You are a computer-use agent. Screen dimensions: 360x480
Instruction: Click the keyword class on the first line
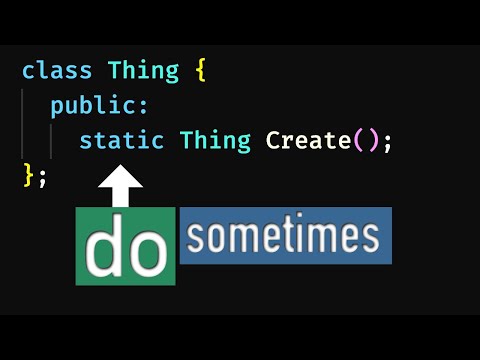(x=57, y=72)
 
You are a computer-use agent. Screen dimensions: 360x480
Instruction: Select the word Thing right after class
(x=143, y=72)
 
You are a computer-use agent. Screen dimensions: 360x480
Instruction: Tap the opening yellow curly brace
(x=200, y=72)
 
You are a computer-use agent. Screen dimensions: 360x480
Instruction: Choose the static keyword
(x=121, y=141)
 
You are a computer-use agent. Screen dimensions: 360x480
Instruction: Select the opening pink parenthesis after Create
(x=358, y=141)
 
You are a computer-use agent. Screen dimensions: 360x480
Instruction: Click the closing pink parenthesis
(x=372, y=141)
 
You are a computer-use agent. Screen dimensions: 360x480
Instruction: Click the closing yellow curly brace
(x=27, y=176)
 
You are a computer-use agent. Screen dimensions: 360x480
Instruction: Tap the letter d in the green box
(x=105, y=249)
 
